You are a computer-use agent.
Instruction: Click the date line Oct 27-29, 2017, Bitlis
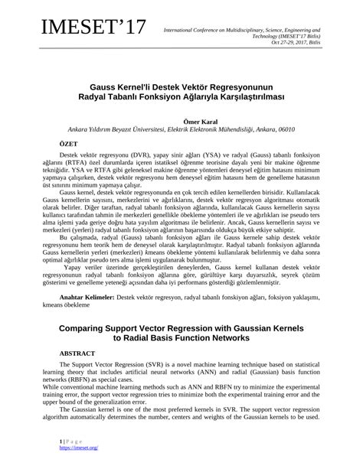tap(319, 43)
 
